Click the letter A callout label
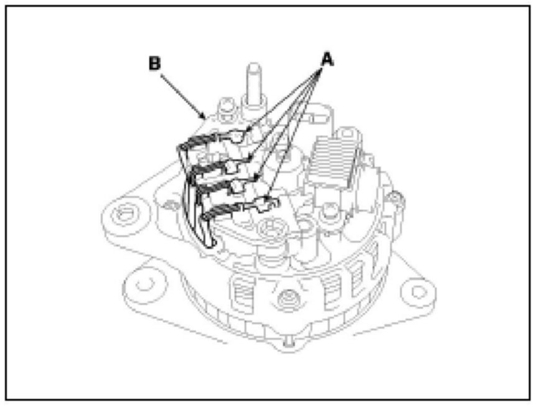click(327, 59)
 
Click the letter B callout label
click(155, 63)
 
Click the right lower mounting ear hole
click(418, 292)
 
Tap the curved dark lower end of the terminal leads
click(202, 218)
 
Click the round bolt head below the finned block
click(329, 212)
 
